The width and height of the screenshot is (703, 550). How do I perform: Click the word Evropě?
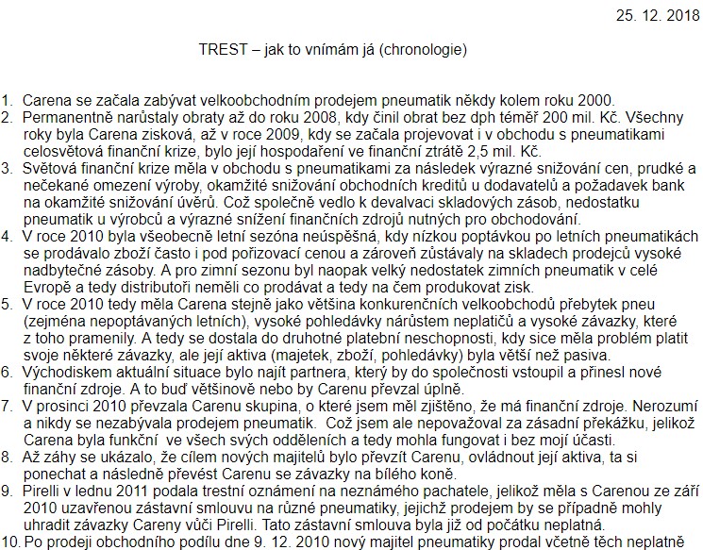point(44,288)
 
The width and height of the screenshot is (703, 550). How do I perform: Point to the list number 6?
point(8,373)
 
